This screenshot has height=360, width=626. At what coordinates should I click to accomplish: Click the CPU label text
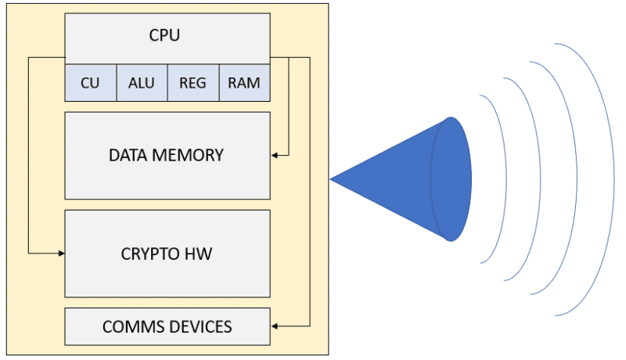[167, 35]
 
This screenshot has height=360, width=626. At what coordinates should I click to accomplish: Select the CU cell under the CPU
[90, 82]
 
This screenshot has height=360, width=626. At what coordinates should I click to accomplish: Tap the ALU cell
[142, 82]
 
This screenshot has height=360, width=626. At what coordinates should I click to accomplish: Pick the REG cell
[192, 82]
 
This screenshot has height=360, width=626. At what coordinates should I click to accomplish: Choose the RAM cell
[244, 82]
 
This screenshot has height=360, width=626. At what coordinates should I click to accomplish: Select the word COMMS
[129, 326]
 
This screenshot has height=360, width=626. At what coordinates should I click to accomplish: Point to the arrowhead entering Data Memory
[275, 155]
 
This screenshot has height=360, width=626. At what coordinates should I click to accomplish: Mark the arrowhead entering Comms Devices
[275, 326]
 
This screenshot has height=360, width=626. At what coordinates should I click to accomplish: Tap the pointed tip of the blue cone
[332, 179]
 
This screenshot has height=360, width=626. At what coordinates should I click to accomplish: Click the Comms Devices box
[167, 337]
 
